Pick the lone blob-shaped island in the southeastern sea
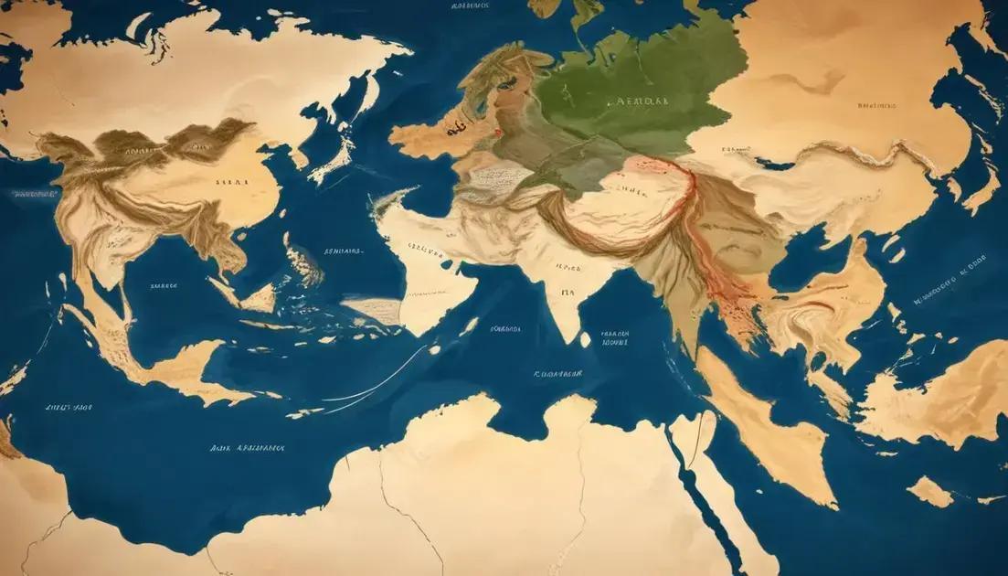[930, 491]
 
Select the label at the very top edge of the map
[471, 5]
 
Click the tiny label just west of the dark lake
[730, 147]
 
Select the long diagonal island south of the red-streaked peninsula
[768, 421]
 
